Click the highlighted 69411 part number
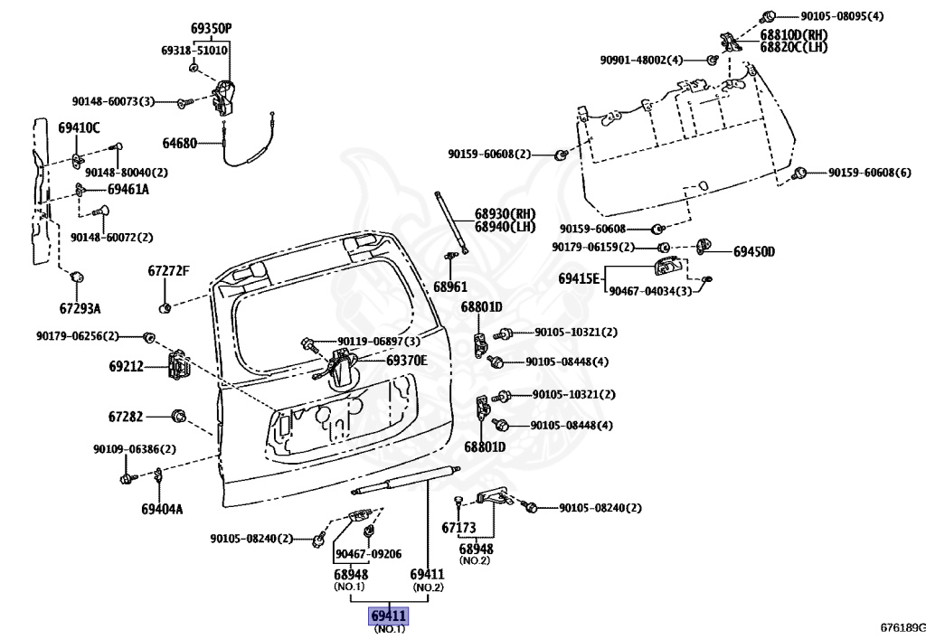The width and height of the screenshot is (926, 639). [x=389, y=616]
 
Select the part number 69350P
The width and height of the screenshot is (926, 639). [x=211, y=28]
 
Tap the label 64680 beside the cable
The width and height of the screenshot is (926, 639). [x=180, y=144]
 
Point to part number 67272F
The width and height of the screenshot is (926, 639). [x=169, y=271]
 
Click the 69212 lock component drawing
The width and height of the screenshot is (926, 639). [x=179, y=365]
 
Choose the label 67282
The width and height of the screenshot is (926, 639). [x=126, y=417]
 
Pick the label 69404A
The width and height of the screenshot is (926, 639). [x=162, y=509]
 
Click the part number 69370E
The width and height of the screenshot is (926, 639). [x=407, y=361]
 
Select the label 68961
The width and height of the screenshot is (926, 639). [x=450, y=287]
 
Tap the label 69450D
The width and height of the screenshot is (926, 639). [x=754, y=252]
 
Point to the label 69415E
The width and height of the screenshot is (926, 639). [x=579, y=278]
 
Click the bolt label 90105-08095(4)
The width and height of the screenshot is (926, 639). [x=842, y=16]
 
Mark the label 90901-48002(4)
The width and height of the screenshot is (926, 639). [x=641, y=61]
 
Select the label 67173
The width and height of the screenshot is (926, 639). [x=458, y=527]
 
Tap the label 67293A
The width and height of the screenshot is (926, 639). [x=80, y=308]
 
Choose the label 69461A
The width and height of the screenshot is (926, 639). [x=128, y=190]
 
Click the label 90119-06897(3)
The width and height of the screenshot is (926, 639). [x=379, y=342]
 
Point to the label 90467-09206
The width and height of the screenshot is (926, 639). [x=369, y=554]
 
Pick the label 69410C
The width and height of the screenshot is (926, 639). [x=80, y=127]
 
